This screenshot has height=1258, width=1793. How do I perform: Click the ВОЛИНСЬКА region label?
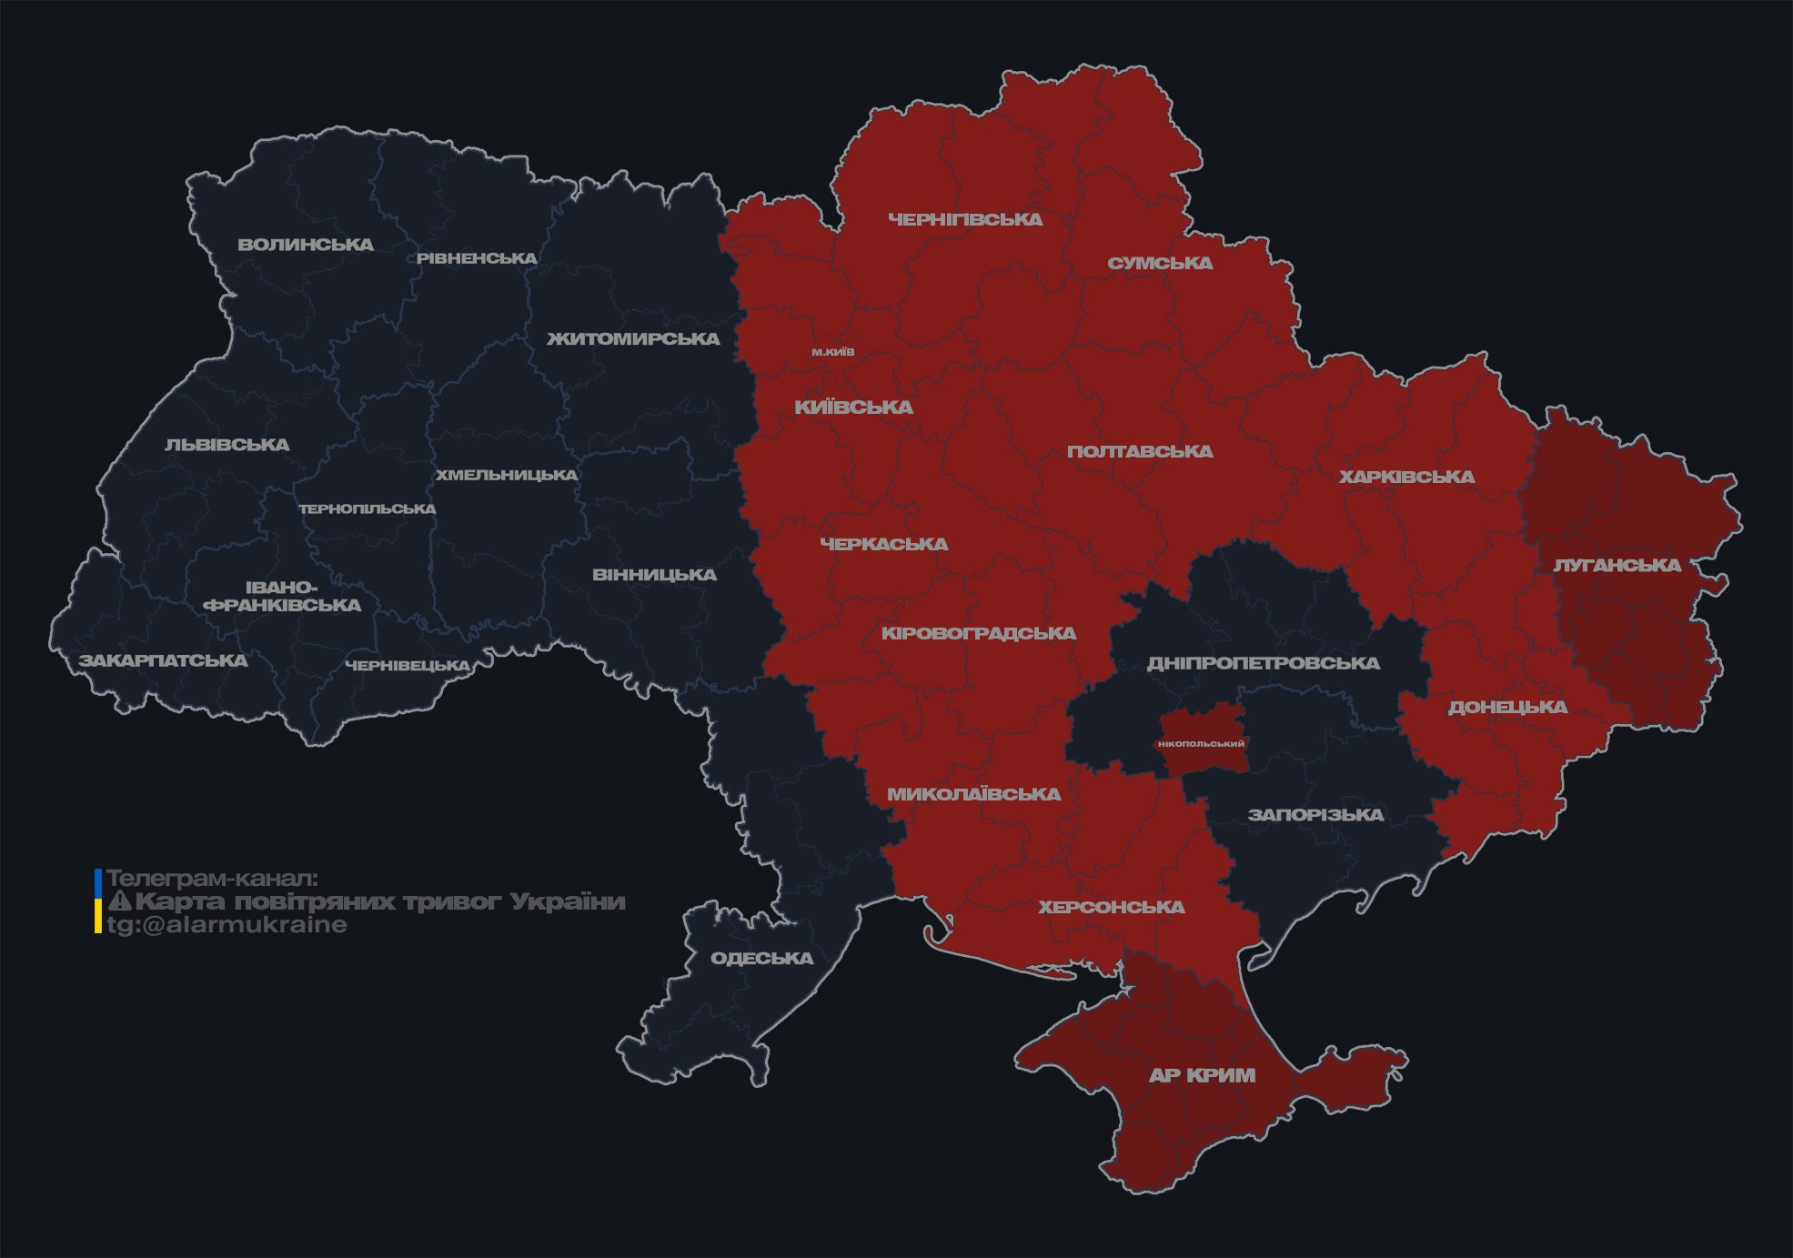306,245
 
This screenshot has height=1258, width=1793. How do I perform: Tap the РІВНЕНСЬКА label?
477,258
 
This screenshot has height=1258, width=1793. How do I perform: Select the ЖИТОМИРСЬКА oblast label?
633,339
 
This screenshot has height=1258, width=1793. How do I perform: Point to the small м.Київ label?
833,352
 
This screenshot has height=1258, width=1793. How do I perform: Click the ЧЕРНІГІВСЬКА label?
965,219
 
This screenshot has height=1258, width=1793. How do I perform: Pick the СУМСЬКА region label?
1160,264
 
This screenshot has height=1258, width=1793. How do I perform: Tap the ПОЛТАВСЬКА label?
1140,452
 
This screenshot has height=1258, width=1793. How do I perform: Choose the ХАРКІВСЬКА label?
1406,478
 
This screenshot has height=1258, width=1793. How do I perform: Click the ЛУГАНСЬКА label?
1617,566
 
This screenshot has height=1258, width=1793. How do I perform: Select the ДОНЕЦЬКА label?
1507,708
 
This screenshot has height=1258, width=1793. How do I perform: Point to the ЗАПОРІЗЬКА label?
1315,815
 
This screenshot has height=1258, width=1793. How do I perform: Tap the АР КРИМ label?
1202,1076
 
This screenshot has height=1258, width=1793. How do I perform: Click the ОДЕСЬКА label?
761,959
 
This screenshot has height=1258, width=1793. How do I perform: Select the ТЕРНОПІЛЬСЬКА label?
368,509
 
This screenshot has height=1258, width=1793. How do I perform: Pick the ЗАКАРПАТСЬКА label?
163,660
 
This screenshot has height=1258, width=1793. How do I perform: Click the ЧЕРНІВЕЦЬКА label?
408,666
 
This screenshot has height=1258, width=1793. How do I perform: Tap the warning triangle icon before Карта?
120,902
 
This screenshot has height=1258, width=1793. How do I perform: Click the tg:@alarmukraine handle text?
227,925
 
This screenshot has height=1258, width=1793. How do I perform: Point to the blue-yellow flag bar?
98,901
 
